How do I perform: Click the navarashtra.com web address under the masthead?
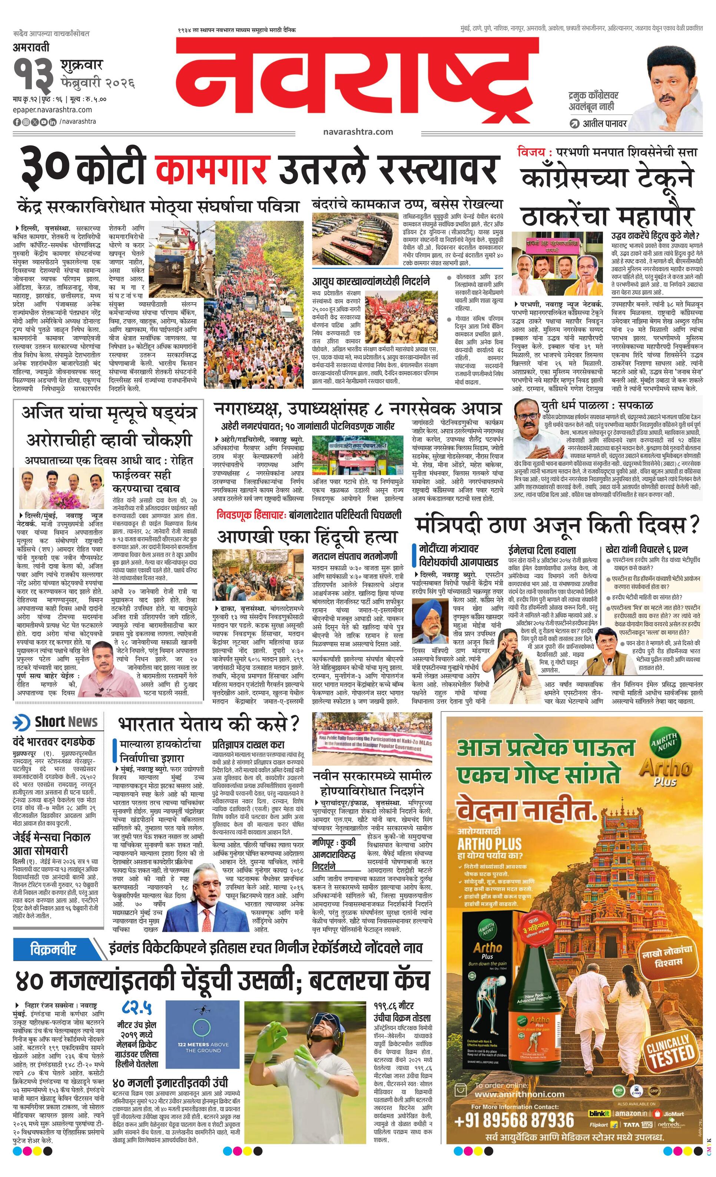(x=358, y=132)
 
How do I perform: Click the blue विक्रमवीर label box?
(x=53, y=935)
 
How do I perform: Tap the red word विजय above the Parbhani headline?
(x=531, y=153)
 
